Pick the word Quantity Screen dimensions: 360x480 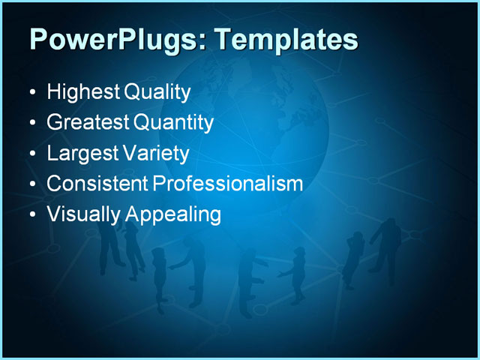pos(173,122)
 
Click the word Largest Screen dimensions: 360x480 pos(79,153)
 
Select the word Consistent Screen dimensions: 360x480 pos(97,184)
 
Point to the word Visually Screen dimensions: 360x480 pos(82,214)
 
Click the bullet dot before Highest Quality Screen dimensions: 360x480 pos(31,93)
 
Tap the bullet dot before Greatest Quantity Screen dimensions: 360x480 pos(31,123)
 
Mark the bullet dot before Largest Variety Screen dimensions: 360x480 pos(31,154)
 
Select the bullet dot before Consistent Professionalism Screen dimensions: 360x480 pos(31,184)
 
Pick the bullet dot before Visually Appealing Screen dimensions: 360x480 pos(31,215)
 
